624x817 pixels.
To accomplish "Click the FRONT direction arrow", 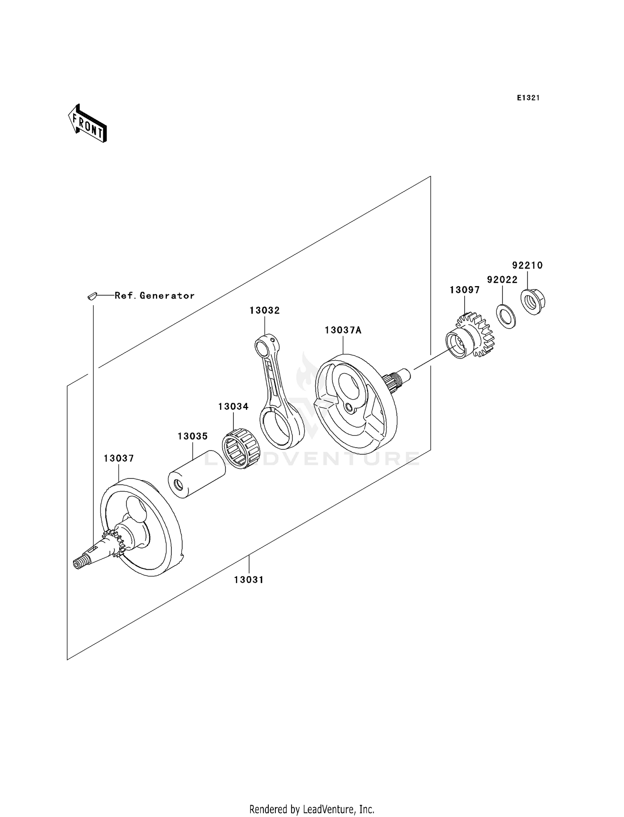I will tap(88, 124).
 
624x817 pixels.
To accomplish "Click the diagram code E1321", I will tap(528, 98).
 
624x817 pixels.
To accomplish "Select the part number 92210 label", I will tap(527, 265).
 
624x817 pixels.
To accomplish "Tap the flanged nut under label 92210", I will tap(533, 301).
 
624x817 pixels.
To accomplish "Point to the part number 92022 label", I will tap(502, 280).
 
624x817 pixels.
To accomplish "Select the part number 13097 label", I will tap(465, 290).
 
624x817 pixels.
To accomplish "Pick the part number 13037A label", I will tap(343, 330).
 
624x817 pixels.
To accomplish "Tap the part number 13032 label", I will tap(265, 310).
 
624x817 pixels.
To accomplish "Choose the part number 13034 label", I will tap(233, 406).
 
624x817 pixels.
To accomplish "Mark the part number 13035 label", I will tap(193, 436).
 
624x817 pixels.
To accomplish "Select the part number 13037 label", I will tap(119, 458).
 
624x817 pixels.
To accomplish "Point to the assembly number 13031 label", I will tap(249, 580).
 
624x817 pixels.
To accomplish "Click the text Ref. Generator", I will tap(155, 296).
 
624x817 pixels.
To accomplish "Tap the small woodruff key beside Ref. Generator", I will tap(92, 296).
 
